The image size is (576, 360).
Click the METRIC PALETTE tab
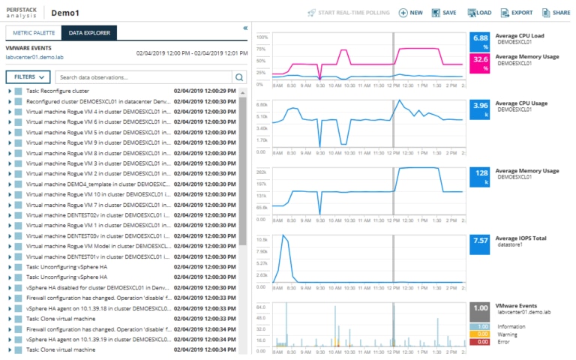[x=32, y=33]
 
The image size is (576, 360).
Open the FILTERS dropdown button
[x=28, y=76]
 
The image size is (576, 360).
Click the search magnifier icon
[x=239, y=76]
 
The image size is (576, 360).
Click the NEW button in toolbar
[x=410, y=13]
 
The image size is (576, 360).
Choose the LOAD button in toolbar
[x=479, y=13]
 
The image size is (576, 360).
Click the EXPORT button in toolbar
[x=516, y=13]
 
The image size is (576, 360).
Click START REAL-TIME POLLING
[x=350, y=13]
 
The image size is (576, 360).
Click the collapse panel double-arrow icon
[x=244, y=28]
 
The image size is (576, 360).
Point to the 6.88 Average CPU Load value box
[x=480, y=41]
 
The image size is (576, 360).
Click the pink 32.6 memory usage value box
[x=480, y=62]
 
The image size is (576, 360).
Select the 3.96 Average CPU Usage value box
[x=480, y=109]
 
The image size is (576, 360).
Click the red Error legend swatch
[x=480, y=342]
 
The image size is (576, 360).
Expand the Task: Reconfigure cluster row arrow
[x=9, y=91]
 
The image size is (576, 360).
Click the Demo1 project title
[x=65, y=13]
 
